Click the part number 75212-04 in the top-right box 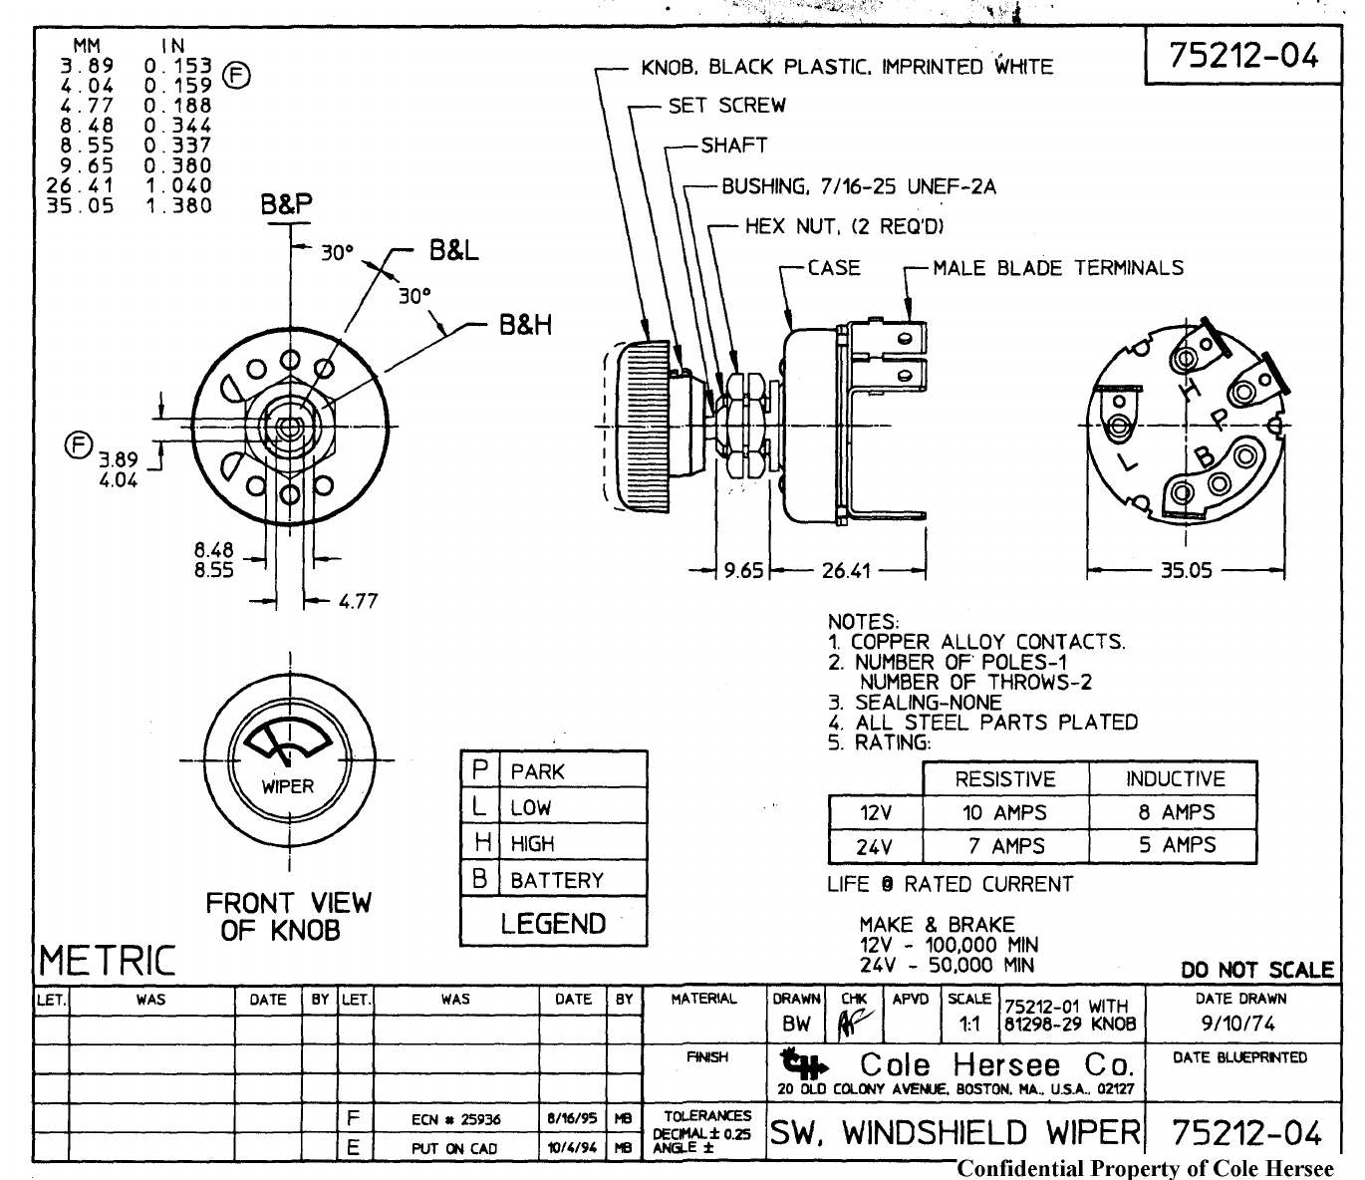1243,55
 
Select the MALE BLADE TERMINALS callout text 1058,268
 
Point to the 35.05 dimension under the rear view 1186,571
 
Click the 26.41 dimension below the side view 846,571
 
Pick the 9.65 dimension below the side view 743,571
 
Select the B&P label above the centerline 287,205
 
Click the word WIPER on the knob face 288,786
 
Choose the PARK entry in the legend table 537,772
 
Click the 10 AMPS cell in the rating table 1004,813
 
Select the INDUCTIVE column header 1176,779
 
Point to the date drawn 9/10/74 1239,1024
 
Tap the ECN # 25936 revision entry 455,1119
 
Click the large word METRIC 107,962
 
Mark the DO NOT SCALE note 1256,970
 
